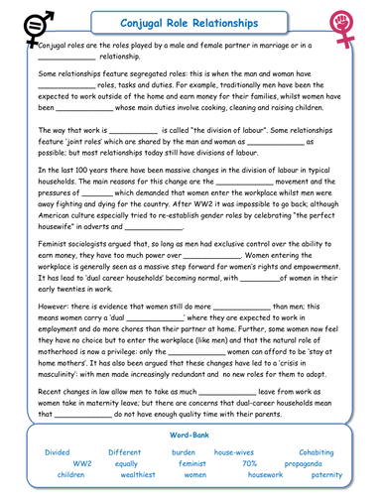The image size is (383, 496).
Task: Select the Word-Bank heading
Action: (190, 434)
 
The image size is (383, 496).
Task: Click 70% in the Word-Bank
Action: (250, 462)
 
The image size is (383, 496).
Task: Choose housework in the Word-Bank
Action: (266, 474)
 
